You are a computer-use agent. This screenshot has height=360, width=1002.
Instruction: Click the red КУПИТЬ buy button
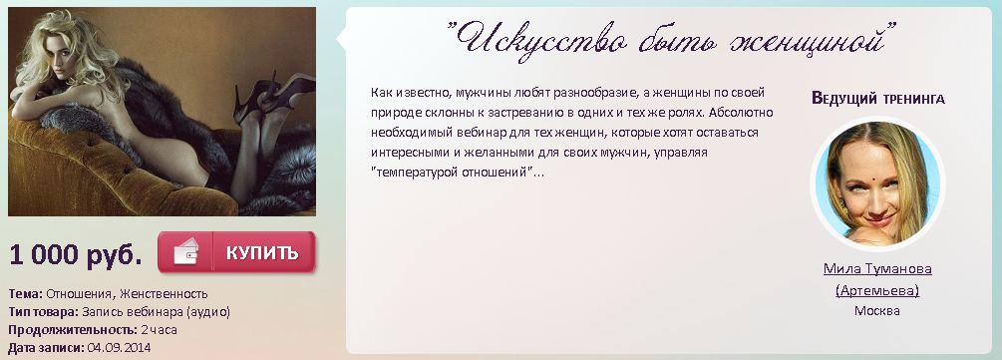260,252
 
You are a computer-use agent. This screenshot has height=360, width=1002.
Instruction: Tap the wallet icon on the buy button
184,253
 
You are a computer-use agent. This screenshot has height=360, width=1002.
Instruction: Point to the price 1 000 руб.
76,254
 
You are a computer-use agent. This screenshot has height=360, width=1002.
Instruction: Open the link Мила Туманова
877,269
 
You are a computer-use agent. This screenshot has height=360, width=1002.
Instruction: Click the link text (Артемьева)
877,290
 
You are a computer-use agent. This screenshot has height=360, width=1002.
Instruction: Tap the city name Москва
877,310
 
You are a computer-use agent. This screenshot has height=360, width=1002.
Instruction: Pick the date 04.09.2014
120,347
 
